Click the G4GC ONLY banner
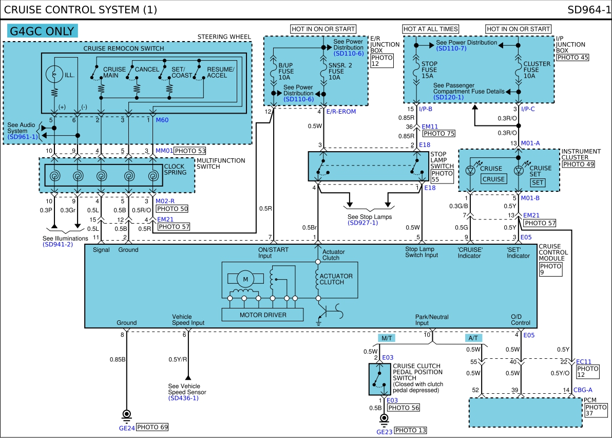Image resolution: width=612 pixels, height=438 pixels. (x=43, y=31)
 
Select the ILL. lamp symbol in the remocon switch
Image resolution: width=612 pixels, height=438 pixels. (x=54, y=74)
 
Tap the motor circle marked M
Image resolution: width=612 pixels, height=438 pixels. (x=245, y=279)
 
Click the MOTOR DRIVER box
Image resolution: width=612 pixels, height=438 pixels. (x=263, y=315)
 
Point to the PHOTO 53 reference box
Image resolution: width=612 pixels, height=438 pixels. (x=189, y=151)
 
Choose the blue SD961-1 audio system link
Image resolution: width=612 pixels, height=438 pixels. (x=23, y=137)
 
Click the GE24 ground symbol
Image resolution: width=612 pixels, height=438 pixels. (x=126, y=414)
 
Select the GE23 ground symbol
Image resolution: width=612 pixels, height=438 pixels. (x=384, y=418)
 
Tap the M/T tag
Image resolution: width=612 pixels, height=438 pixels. (x=387, y=338)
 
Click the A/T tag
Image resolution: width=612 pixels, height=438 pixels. (x=473, y=338)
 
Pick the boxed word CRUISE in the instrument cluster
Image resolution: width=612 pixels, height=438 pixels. (x=494, y=179)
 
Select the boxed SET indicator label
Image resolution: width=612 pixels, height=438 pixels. (x=538, y=182)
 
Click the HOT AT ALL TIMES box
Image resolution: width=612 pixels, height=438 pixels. (x=431, y=29)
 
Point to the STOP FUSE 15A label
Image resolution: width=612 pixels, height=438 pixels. (x=429, y=69)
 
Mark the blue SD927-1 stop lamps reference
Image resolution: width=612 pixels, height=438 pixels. (x=363, y=223)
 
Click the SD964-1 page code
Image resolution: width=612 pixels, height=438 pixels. (x=588, y=9)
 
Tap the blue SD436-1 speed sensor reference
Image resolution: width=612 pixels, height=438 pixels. (x=183, y=398)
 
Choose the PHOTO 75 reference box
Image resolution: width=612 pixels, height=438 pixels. (x=439, y=133)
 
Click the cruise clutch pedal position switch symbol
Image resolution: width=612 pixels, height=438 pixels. (x=380, y=379)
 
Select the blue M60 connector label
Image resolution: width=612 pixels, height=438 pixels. (x=162, y=120)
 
